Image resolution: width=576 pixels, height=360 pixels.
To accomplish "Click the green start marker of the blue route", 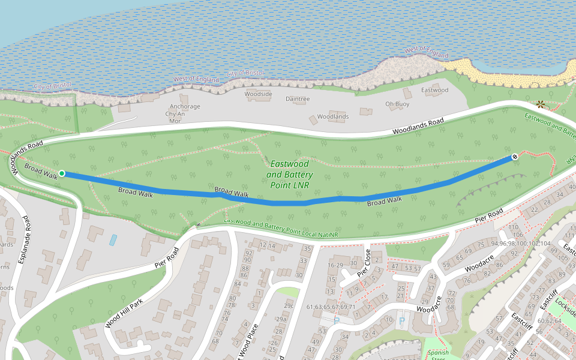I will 62,173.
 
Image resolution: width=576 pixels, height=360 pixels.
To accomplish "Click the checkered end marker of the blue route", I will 514,157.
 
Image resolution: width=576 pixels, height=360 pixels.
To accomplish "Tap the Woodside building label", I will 259,94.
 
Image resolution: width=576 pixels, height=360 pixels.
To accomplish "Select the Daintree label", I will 298,99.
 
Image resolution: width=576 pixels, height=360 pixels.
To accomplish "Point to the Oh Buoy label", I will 397,104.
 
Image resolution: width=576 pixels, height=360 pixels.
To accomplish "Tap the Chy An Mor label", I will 175,117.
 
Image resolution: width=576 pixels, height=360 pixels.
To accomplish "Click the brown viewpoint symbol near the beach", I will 540,104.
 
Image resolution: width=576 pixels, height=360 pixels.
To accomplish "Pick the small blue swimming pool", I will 113,240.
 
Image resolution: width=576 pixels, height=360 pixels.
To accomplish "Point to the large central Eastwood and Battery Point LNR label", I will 289,175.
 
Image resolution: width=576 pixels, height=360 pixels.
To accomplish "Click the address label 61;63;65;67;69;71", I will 331,307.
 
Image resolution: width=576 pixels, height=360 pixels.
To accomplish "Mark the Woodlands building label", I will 332,116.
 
